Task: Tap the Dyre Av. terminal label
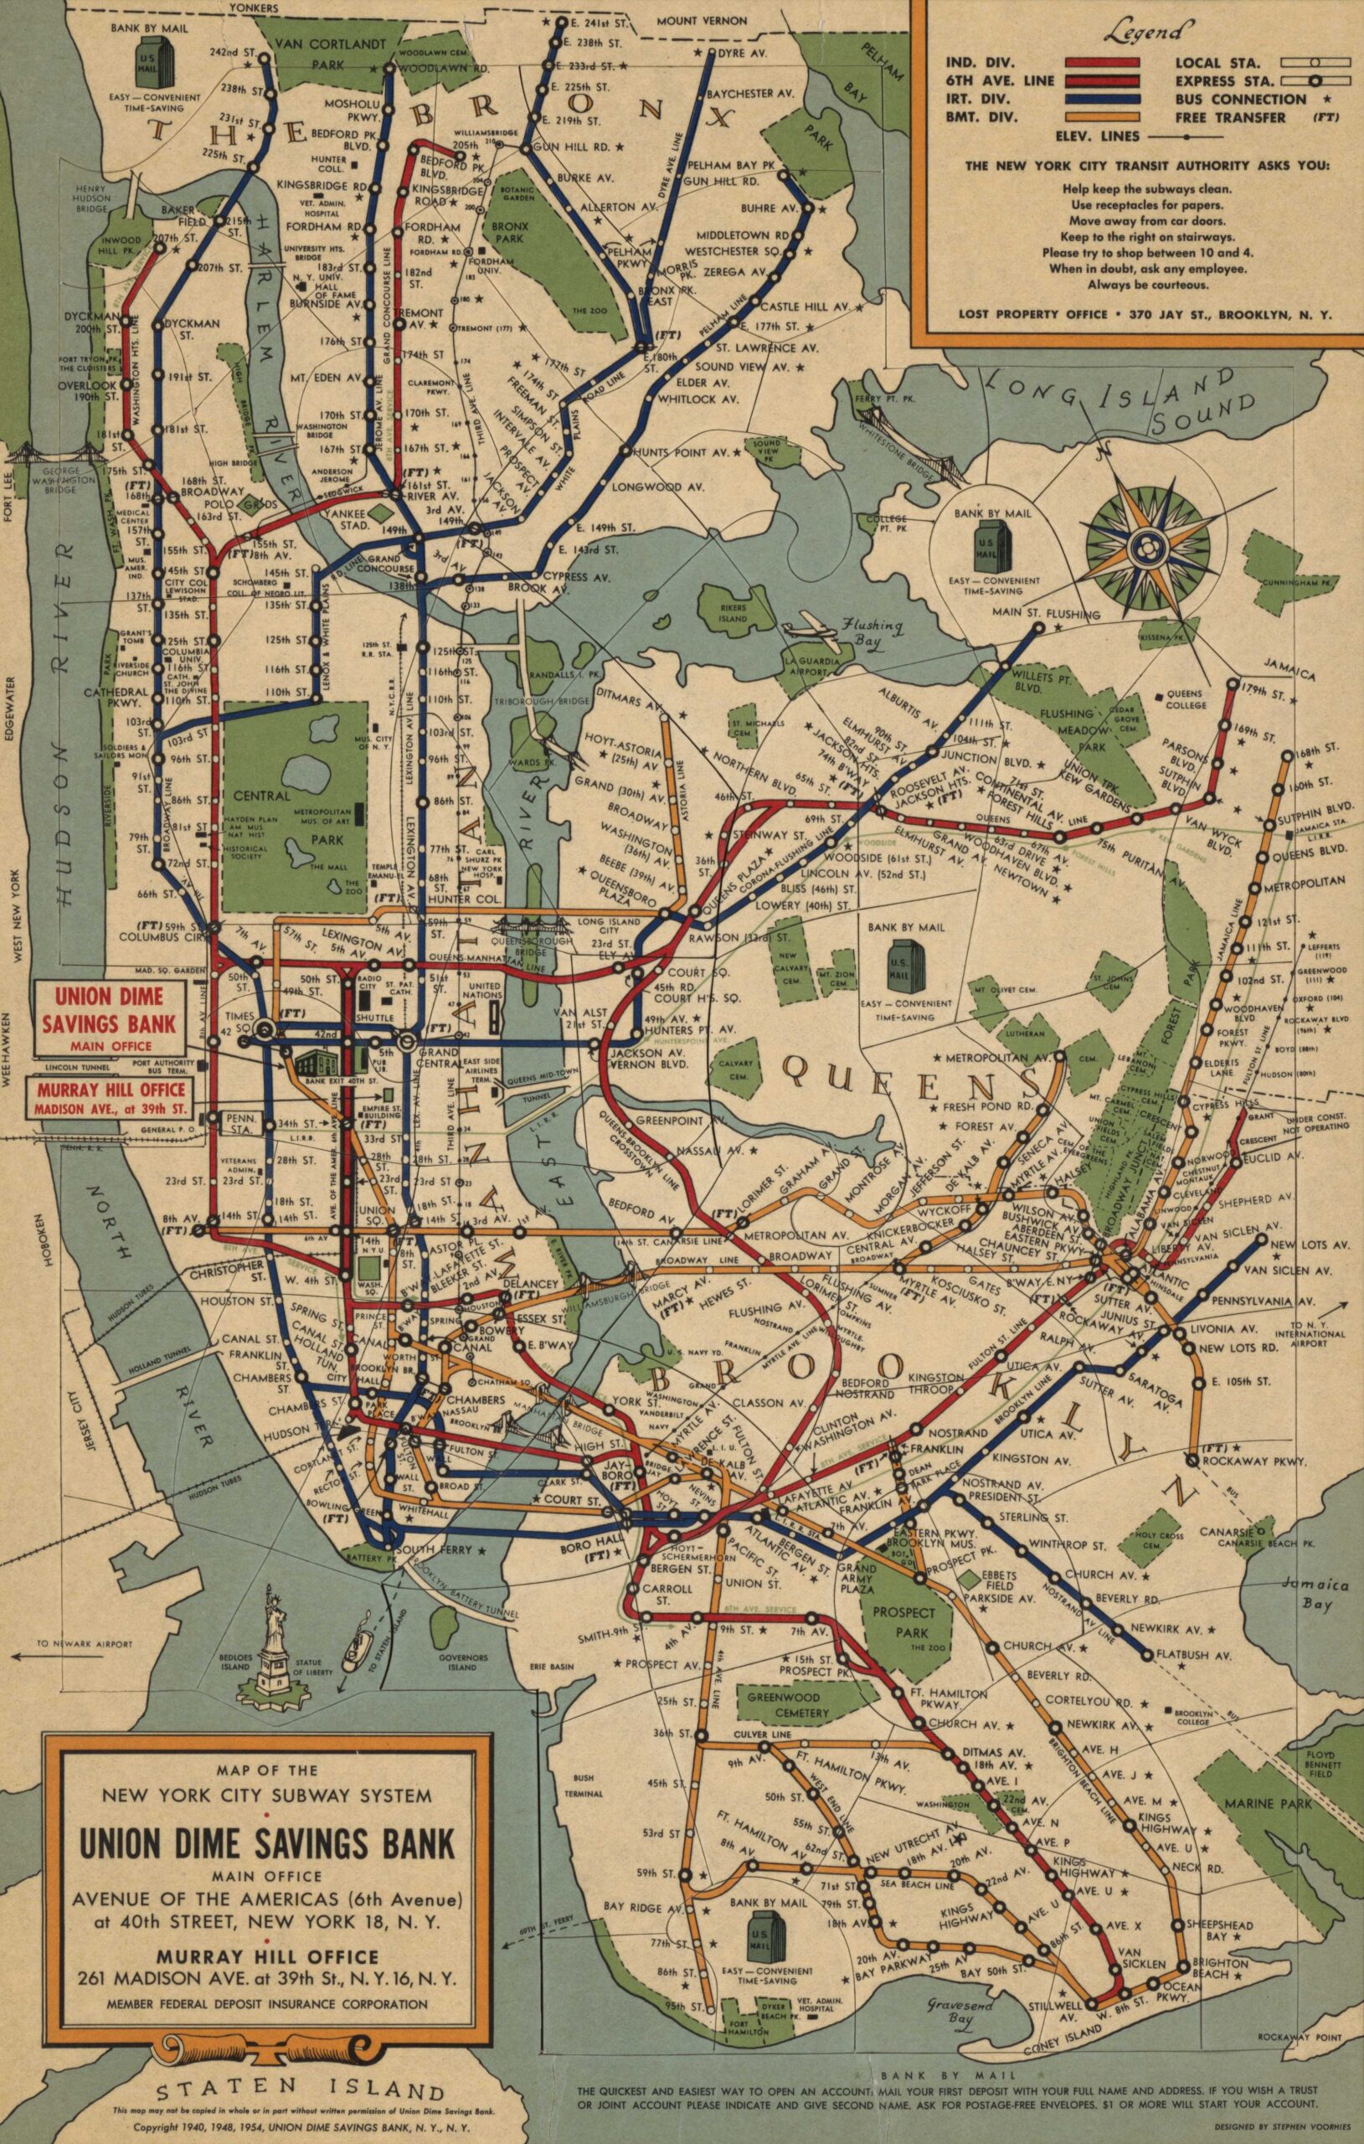tap(748, 54)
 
